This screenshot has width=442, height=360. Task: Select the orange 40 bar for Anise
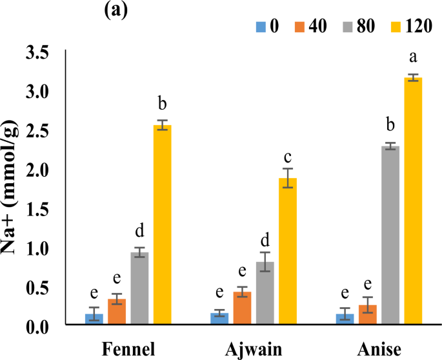(367, 315)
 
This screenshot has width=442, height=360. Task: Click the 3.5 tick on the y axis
(38, 53)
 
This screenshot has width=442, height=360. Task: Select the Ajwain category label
(254, 349)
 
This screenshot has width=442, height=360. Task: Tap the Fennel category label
(128, 349)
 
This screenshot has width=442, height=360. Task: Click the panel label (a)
(117, 10)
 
